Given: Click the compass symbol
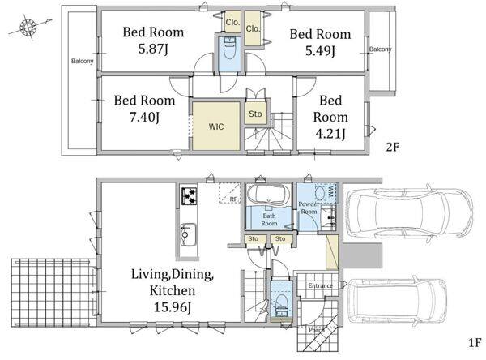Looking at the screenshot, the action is click(x=28, y=28).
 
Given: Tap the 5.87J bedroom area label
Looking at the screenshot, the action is click(x=153, y=49).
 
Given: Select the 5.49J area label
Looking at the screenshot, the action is click(x=320, y=50).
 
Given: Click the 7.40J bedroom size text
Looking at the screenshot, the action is click(x=144, y=117).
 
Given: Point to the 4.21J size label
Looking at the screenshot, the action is click(x=330, y=134).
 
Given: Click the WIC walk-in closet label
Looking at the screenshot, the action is click(x=216, y=126).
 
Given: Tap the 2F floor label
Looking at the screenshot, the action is click(x=392, y=147).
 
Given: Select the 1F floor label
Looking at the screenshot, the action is click(x=474, y=343).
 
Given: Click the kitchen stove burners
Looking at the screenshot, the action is click(x=190, y=196).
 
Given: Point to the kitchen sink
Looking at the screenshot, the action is click(x=188, y=234).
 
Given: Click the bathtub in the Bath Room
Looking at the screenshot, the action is click(x=268, y=195).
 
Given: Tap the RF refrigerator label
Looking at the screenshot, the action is click(x=233, y=199).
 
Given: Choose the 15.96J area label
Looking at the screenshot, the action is click(x=172, y=307).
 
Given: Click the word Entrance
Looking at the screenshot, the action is click(x=320, y=285).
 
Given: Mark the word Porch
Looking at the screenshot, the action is click(x=317, y=330).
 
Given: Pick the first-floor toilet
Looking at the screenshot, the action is click(x=282, y=305).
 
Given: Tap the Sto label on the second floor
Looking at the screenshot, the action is click(x=255, y=114).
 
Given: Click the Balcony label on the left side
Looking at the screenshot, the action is click(x=82, y=61).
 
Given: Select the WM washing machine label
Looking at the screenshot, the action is click(x=331, y=189).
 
